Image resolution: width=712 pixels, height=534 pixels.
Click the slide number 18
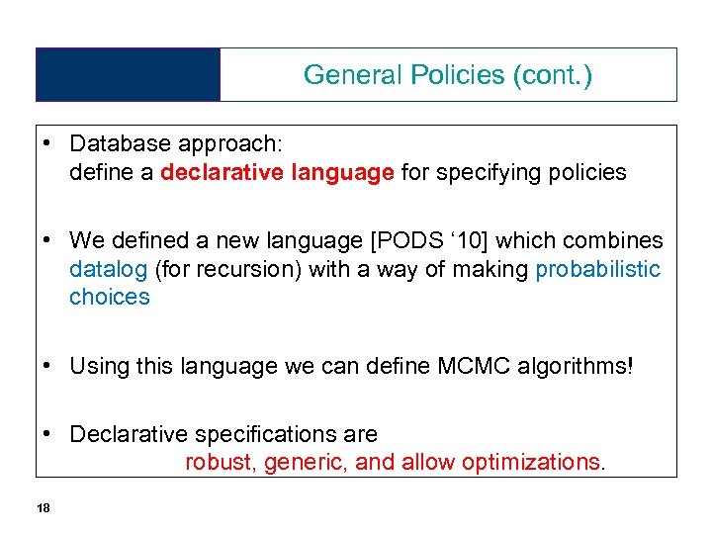[43, 507]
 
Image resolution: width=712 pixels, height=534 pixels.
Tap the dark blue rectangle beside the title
[128, 74]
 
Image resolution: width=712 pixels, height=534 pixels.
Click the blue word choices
[109, 297]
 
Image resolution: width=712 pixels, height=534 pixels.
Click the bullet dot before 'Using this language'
[48, 366]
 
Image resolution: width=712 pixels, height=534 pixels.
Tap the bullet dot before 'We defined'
[48, 240]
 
